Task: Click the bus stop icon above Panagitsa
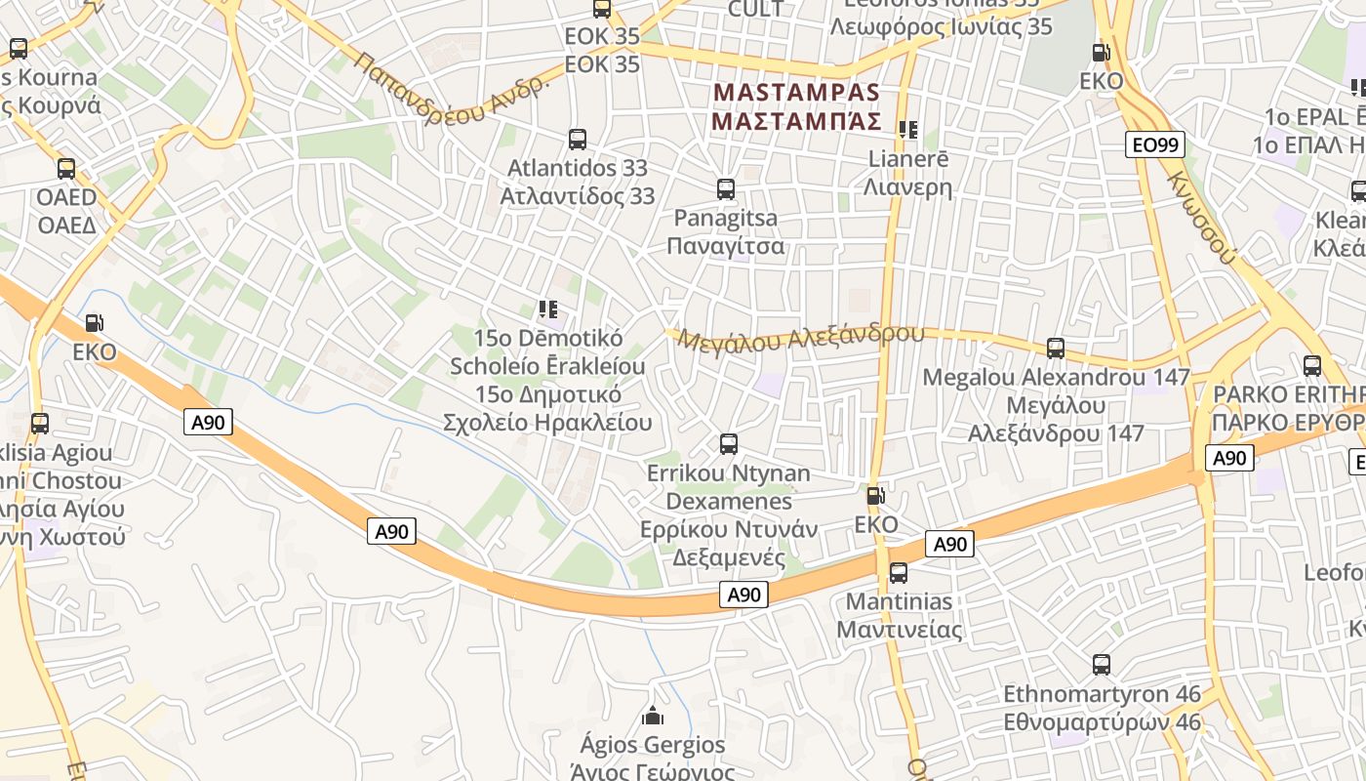point(725,189)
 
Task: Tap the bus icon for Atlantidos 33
point(578,140)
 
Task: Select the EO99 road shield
point(1155,145)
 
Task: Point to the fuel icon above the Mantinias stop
point(875,496)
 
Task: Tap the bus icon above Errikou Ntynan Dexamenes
point(728,444)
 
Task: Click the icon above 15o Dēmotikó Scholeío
point(548,310)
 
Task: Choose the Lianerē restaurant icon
point(908,130)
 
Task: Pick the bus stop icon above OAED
point(66,169)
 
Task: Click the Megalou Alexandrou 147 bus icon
point(1055,348)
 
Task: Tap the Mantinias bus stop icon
point(898,572)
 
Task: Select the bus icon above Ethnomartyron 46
point(1102,665)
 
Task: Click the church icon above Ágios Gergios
point(653,717)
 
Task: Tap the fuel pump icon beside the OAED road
point(95,323)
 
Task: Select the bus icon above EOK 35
point(602,9)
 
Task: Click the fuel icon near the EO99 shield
point(1101,53)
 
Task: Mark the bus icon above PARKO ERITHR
point(1312,366)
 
